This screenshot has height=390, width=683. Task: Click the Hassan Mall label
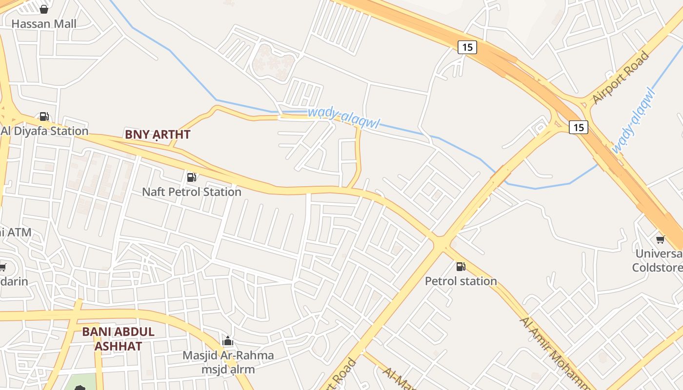point(44,23)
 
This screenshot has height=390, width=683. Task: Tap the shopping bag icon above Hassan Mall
point(44,9)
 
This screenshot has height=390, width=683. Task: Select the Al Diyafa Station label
point(45,131)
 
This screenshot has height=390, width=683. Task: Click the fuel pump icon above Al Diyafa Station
point(44,116)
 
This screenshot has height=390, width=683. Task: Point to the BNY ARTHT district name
point(158,135)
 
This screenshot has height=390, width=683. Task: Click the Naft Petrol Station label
point(192,192)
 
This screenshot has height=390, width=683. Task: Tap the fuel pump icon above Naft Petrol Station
point(192,177)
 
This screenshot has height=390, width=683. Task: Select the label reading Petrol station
point(461,281)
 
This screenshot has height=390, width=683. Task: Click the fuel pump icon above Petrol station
point(461,267)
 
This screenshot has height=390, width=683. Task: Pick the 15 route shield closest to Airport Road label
point(578,127)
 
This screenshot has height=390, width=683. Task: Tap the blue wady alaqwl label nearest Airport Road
point(632,120)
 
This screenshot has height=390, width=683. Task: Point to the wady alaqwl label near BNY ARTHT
point(343,117)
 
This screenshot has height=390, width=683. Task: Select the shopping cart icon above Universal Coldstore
point(660,239)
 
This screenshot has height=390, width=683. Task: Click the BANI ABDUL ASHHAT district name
point(118,339)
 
